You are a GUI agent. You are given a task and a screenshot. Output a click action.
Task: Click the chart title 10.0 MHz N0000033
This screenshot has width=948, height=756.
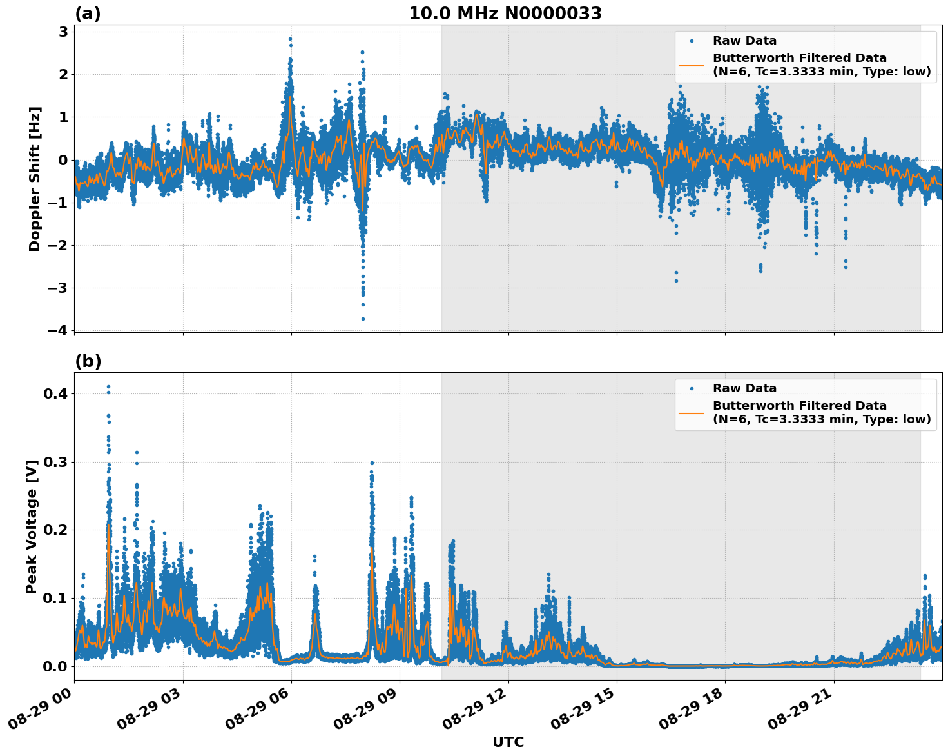click(505, 14)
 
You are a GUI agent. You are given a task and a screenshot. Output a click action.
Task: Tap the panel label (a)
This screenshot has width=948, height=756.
click(88, 14)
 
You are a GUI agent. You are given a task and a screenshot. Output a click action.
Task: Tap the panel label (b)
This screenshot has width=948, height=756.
click(88, 361)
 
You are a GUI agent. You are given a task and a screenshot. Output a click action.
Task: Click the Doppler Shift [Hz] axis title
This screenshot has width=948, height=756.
click(35, 179)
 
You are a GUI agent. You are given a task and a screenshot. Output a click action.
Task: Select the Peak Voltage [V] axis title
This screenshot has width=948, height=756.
click(32, 526)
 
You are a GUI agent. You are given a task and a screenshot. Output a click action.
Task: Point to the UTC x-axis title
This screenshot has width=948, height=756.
click(508, 742)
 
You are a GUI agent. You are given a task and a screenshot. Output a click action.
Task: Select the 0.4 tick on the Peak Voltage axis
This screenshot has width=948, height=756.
click(57, 393)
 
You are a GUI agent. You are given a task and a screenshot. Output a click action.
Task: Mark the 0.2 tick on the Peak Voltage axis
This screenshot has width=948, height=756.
click(57, 530)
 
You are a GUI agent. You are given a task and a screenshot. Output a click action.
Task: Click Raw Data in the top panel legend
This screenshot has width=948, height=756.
click(744, 41)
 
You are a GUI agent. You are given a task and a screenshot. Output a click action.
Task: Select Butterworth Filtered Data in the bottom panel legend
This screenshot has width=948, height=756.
click(799, 406)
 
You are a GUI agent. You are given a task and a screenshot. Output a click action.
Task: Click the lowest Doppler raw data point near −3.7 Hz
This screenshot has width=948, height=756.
click(363, 319)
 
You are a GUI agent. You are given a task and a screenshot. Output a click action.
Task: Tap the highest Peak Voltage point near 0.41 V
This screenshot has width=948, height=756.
click(108, 386)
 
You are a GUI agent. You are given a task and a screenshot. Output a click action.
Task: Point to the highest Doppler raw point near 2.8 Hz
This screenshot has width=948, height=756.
click(290, 39)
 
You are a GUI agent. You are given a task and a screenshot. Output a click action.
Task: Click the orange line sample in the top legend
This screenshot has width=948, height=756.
click(691, 65)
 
